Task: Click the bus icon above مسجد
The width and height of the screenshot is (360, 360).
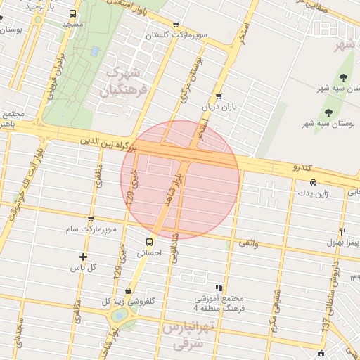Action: click(73, 13)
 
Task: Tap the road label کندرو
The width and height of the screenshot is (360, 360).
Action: click(301, 168)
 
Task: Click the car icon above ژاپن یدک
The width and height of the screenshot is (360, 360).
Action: click(313, 182)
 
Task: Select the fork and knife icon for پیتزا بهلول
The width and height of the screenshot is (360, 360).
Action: click(342, 231)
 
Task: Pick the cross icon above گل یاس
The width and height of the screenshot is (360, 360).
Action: click(84, 257)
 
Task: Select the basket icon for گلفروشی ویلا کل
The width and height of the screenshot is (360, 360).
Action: click(128, 291)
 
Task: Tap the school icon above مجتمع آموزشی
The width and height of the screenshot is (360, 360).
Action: click(219, 288)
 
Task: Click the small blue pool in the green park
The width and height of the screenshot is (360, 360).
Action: click(94, 51)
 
